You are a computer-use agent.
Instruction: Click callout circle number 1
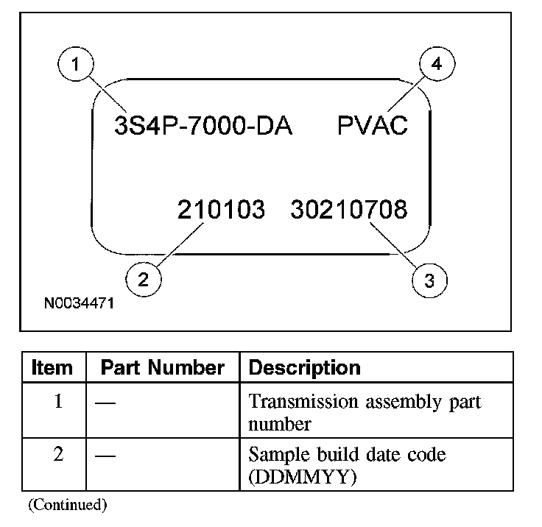point(74,66)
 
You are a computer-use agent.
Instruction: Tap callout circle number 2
point(143,278)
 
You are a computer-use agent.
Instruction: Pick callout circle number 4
point(437,65)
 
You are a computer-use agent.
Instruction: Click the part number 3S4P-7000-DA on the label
point(203,126)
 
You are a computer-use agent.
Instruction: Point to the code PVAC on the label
point(373,126)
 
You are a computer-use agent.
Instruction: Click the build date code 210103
point(221,211)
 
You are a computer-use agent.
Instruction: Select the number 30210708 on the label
point(348,211)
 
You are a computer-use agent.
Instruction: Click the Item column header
point(52,368)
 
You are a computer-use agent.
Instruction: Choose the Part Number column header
point(162,368)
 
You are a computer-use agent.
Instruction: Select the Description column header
point(305,368)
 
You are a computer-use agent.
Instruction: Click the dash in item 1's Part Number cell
point(105,403)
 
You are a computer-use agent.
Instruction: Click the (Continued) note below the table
point(68,505)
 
